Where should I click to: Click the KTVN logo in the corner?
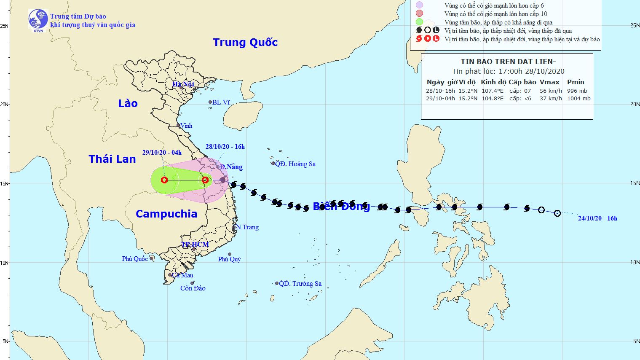click(38, 20)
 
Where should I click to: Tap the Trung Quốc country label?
click(245, 43)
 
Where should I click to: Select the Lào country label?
click(128, 103)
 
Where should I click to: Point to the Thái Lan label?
click(112, 159)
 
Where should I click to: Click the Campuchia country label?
click(166, 214)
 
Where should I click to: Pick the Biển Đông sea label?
click(341, 206)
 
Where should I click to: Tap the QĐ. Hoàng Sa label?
click(295, 164)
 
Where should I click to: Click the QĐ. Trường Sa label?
click(300, 284)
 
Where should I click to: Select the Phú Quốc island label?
click(135, 259)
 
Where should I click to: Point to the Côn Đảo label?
click(193, 288)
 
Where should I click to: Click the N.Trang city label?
click(247, 227)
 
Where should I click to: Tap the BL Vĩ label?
click(221, 102)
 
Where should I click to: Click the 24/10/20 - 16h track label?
click(597, 218)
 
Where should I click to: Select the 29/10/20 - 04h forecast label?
click(162, 153)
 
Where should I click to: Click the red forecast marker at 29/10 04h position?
click(164, 180)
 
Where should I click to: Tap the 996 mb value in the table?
click(577, 91)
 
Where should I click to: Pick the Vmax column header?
click(549, 82)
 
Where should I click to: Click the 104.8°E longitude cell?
click(493, 99)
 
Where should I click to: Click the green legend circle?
click(419, 22)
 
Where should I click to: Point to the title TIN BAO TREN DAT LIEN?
click(508, 62)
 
